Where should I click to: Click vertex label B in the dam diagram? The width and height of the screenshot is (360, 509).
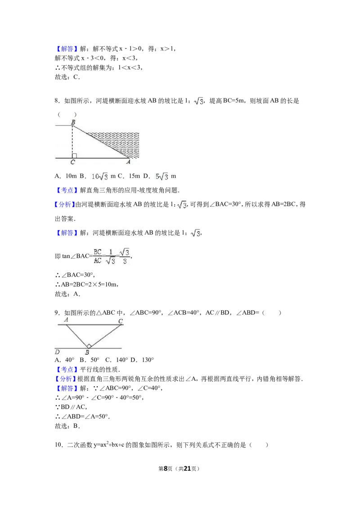point(73,122)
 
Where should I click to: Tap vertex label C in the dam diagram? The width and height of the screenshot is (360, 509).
point(73,162)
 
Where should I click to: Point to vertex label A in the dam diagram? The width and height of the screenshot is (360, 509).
point(128,162)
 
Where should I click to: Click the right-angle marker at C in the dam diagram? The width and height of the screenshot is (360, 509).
point(74,156)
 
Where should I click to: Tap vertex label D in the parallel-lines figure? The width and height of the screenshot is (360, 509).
point(58,352)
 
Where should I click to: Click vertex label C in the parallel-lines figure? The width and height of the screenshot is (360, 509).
point(121,321)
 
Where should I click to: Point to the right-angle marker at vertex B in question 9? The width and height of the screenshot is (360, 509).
point(88,346)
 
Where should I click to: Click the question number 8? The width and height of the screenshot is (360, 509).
point(57,101)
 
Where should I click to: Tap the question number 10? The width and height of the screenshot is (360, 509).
point(58,445)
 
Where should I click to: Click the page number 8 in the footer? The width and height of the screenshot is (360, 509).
point(166,469)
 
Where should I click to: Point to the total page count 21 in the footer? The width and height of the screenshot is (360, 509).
point(187,469)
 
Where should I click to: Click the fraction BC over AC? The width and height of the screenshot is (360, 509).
point(98,256)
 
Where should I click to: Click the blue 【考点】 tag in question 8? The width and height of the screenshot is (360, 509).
point(67,190)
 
